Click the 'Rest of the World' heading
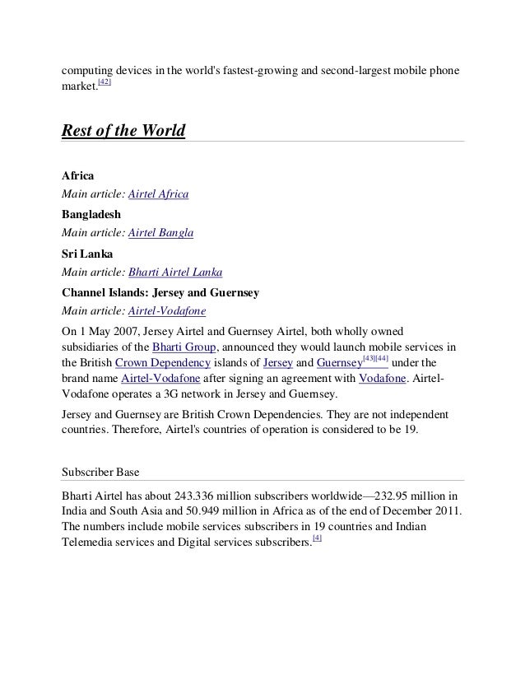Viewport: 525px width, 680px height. point(123,132)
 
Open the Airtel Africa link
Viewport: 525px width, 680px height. point(159,194)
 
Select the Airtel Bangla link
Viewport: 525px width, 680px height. point(161,233)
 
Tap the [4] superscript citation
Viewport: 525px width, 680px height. point(318,538)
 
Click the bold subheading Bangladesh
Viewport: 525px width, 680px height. point(91,215)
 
